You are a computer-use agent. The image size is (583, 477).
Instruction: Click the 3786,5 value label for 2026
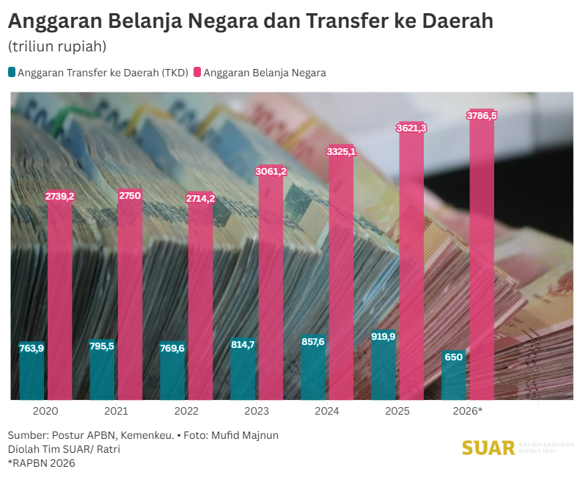pyautogui.click(x=483, y=116)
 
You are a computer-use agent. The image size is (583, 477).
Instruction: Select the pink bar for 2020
pyautogui.click(x=60, y=301)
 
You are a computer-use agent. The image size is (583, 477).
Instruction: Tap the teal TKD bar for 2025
pyautogui.click(x=383, y=371)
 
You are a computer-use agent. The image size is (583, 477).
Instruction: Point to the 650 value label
pyautogui.click(x=454, y=357)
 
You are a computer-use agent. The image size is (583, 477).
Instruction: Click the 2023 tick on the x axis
pyautogui.click(x=256, y=412)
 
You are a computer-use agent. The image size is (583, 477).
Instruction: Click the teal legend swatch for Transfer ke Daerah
pyautogui.click(x=12, y=73)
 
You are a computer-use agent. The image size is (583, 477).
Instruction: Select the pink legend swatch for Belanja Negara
pyautogui.click(x=197, y=73)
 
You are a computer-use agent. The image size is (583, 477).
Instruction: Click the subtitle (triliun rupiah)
pyautogui.click(x=58, y=46)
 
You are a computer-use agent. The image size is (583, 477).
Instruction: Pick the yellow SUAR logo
pyautogui.click(x=488, y=448)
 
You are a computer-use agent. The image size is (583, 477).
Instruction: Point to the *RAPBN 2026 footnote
pyautogui.click(x=41, y=463)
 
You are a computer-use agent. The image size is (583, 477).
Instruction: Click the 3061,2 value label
pyautogui.click(x=271, y=172)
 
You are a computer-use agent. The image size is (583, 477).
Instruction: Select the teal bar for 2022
pyautogui.click(x=172, y=374)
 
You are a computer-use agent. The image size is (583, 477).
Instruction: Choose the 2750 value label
pyautogui.click(x=130, y=195)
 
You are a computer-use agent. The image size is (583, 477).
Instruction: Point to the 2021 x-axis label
pyautogui.click(x=116, y=412)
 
